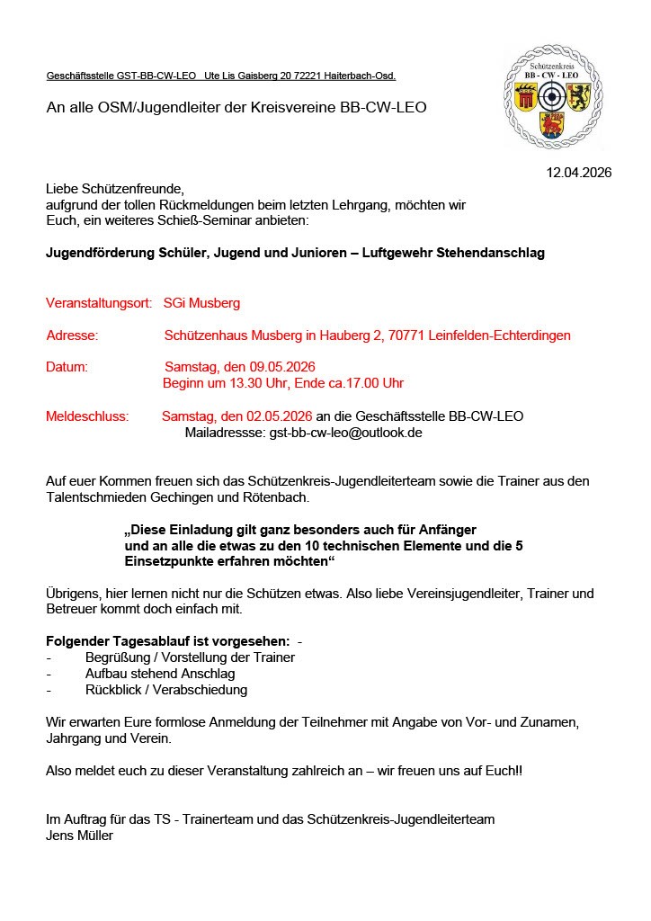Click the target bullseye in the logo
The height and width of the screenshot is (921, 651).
coord(553,94)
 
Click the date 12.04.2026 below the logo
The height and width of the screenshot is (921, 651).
coord(579,173)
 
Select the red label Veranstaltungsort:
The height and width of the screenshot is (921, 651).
coord(99,303)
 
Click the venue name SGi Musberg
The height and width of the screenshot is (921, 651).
coord(201,303)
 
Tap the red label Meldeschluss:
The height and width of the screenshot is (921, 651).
coord(87,416)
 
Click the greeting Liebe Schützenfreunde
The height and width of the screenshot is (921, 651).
coord(114,189)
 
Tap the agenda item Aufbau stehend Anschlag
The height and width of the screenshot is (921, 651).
coord(159,674)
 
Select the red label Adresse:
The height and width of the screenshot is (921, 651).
coord(72,335)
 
